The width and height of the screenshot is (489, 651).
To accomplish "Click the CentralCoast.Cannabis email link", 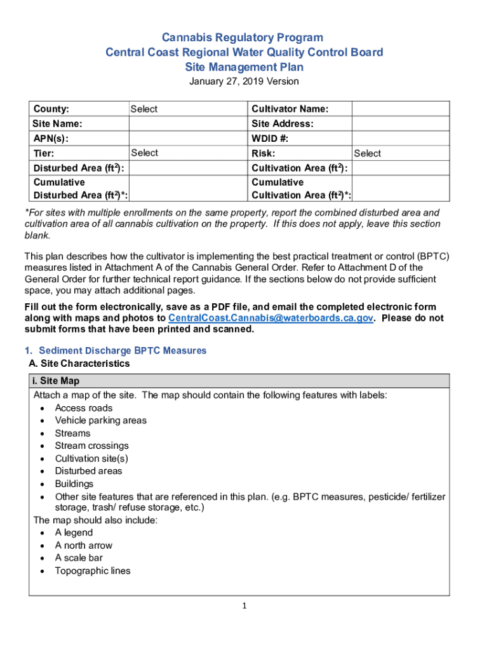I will (x=270, y=318).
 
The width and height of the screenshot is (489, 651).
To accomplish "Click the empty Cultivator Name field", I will (x=400, y=109).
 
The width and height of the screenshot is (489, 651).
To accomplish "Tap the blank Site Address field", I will (x=400, y=124).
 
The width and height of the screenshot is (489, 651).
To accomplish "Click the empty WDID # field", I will (x=400, y=139).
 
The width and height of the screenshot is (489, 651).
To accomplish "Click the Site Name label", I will (x=57, y=124).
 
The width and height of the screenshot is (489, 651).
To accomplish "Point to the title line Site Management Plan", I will (x=245, y=67).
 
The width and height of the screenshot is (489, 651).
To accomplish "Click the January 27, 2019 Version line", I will (x=245, y=81).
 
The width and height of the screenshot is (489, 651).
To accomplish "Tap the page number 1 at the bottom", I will (x=245, y=606).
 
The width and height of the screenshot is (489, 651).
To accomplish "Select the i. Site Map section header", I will (x=57, y=381).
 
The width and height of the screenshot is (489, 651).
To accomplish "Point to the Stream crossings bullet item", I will (x=91, y=446).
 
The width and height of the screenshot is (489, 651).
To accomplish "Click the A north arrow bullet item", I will (x=83, y=545).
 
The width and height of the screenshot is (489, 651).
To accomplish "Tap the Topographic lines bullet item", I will (x=93, y=571).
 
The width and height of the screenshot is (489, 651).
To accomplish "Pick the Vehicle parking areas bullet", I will (x=100, y=420).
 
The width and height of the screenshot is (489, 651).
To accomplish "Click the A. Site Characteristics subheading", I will (x=79, y=364).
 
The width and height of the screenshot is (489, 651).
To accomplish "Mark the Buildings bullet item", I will (x=74, y=484).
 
